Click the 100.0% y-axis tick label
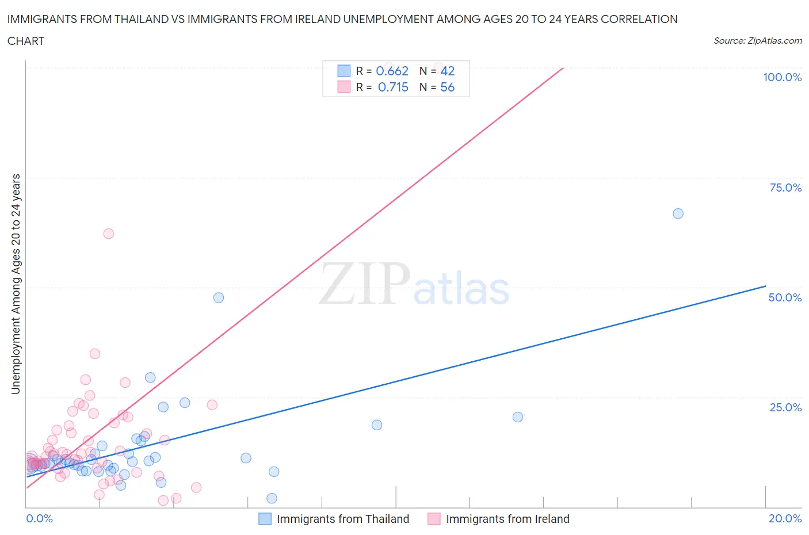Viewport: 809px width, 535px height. coord(782,78)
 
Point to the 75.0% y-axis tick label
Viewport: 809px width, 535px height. coord(785,188)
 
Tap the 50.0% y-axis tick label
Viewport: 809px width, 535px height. coord(785,298)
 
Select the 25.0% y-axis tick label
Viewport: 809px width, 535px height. coord(785,408)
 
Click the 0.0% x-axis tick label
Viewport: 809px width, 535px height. coord(39,519)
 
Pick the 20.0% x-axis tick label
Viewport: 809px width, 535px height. coord(785,519)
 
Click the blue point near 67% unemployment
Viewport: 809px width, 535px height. coord(678,213)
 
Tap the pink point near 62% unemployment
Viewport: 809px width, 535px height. coord(108,234)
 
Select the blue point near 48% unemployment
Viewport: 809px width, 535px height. coord(219,297)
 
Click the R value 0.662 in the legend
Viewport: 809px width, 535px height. coord(392,71)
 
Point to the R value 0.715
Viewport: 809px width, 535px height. coord(393,87)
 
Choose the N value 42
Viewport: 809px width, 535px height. coord(447,71)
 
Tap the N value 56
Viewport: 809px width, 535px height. coord(447,87)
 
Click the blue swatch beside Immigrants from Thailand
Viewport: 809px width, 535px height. coord(265,519)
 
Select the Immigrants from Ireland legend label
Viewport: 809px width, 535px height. coord(507,519)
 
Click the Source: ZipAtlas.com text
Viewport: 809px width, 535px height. coord(757,41)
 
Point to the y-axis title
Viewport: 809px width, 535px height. coord(16,284)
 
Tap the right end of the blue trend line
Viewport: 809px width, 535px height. coord(765,286)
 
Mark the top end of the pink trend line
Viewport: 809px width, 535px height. coord(563,68)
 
